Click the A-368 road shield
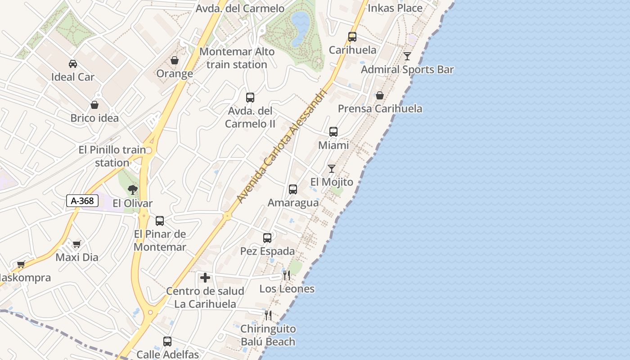(83, 201)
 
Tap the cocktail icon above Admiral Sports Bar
(407, 56)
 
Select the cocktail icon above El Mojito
(332, 169)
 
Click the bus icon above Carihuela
(352, 37)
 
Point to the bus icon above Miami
(333, 132)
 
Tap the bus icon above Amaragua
(293, 189)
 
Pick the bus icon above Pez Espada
(267, 238)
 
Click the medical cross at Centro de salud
(205, 278)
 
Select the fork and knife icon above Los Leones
(287, 275)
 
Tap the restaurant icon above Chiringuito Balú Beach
(268, 315)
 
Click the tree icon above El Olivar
(132, 190)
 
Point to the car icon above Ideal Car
(73, 64)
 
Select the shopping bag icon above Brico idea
(94, 105)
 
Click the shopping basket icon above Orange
(175, 60)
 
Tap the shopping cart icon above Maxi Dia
(76, 244)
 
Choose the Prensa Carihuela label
(380, 108)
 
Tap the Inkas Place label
(395, 8)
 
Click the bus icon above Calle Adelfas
(167, 342)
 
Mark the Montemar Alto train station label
(237, 58)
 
